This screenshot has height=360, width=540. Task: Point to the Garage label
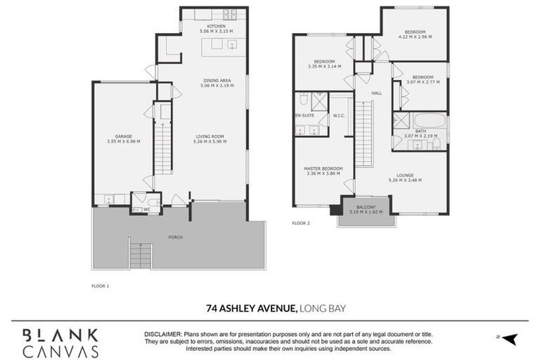(124, 136)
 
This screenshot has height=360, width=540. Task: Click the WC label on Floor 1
(148, 209)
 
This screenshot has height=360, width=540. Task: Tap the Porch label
(175, 237)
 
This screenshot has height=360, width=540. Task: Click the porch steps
(141, 256)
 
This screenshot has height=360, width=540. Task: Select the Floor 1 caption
(101, 286)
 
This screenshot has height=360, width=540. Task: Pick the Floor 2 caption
(301, 223)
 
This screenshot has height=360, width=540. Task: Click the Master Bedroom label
(323, 169)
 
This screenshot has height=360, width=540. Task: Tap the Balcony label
(366, 207)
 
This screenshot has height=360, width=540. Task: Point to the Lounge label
(405, 175)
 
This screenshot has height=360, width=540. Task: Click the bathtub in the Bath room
(429, 120)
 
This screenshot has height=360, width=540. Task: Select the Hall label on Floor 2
(376, 93)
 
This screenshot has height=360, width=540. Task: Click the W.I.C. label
(337, 115)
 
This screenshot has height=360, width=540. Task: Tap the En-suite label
(303, 115)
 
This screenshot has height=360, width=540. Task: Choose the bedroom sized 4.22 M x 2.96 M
(412, 32)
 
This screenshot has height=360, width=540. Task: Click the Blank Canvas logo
(60, 342)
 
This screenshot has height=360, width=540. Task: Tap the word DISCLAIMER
(162, 335)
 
